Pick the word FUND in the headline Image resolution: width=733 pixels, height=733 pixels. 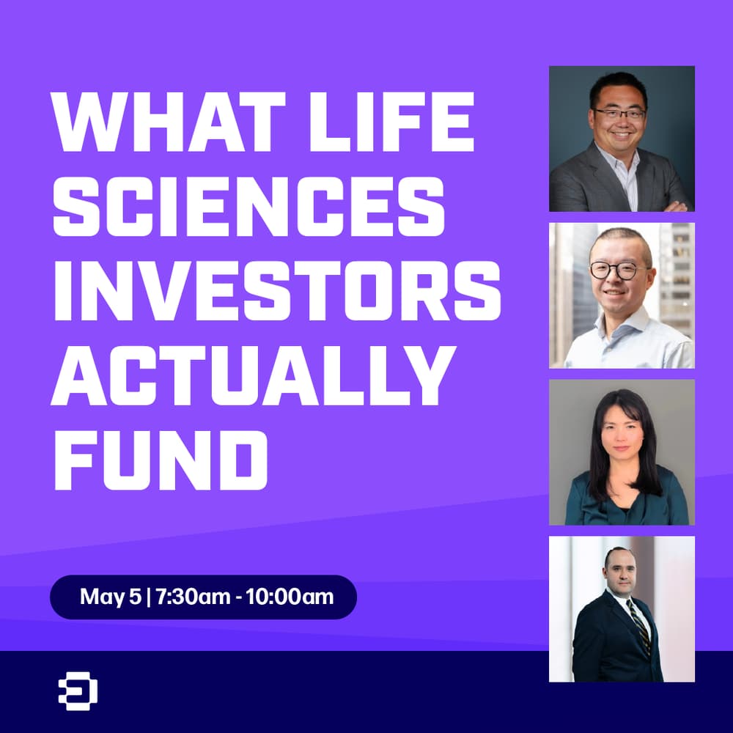(159, 460)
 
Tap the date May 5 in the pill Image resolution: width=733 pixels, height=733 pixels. (111, 597)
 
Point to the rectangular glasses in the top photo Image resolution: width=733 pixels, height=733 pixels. (619, 114)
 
